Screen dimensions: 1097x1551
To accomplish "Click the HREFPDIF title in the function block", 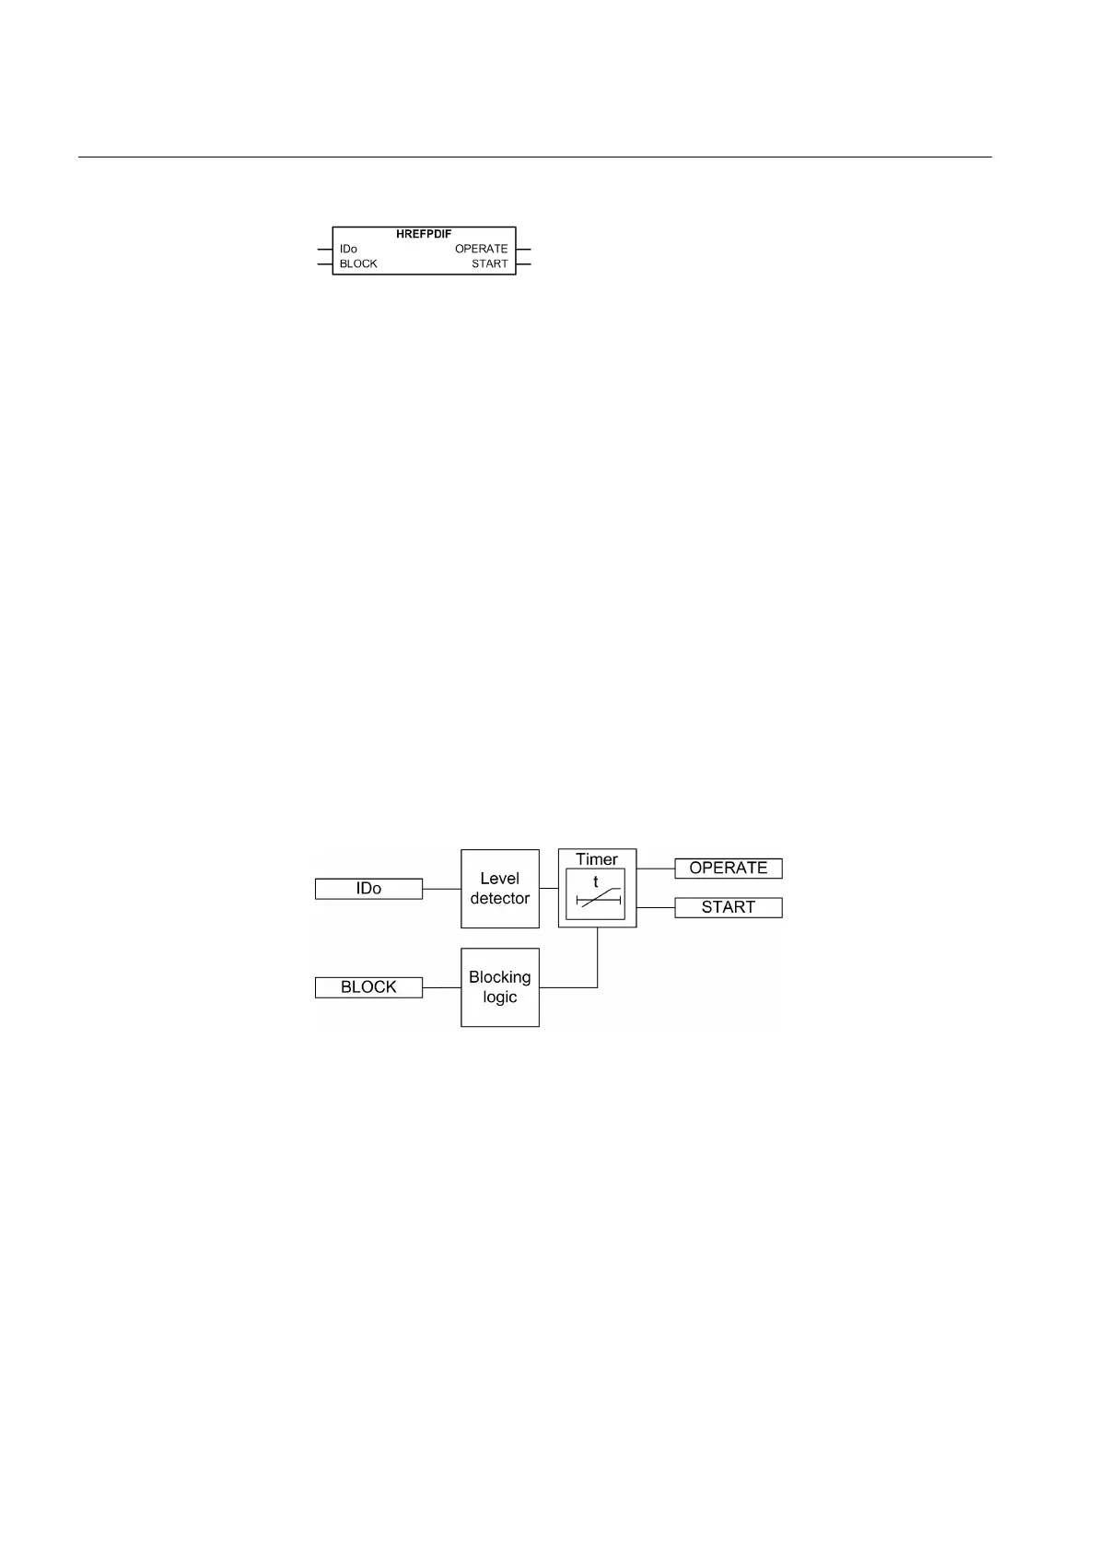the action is (424, 234).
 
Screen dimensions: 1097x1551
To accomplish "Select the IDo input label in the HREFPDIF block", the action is (348, 249).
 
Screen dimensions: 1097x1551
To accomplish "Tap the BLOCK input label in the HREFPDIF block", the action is (358, 263).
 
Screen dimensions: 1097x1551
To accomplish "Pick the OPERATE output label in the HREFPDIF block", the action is (481, 249).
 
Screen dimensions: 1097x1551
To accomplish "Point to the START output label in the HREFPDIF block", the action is (489, 263).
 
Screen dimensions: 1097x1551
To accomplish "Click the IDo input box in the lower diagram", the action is (368, 889).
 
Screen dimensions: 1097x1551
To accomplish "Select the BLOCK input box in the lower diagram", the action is (368, 987).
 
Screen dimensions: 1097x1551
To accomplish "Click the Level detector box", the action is (499, 889).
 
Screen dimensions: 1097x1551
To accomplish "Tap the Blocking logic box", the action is (499, 987).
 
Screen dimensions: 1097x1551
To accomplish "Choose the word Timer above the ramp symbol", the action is (597, 859).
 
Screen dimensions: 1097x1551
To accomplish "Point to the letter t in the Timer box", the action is (595, 881).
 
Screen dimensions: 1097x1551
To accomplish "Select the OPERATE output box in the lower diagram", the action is (728, 869).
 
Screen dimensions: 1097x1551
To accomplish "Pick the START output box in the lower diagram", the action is (728, 907).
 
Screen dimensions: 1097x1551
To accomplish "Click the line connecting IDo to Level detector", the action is (441, 889).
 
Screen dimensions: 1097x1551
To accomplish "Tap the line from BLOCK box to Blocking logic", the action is (441, 987).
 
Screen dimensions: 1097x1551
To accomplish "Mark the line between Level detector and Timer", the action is (549, 889).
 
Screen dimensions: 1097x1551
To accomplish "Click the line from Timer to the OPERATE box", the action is (655, 869).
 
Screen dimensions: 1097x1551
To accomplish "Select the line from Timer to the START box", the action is (655, 907).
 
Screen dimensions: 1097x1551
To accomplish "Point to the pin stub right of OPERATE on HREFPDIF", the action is (524, 249).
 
